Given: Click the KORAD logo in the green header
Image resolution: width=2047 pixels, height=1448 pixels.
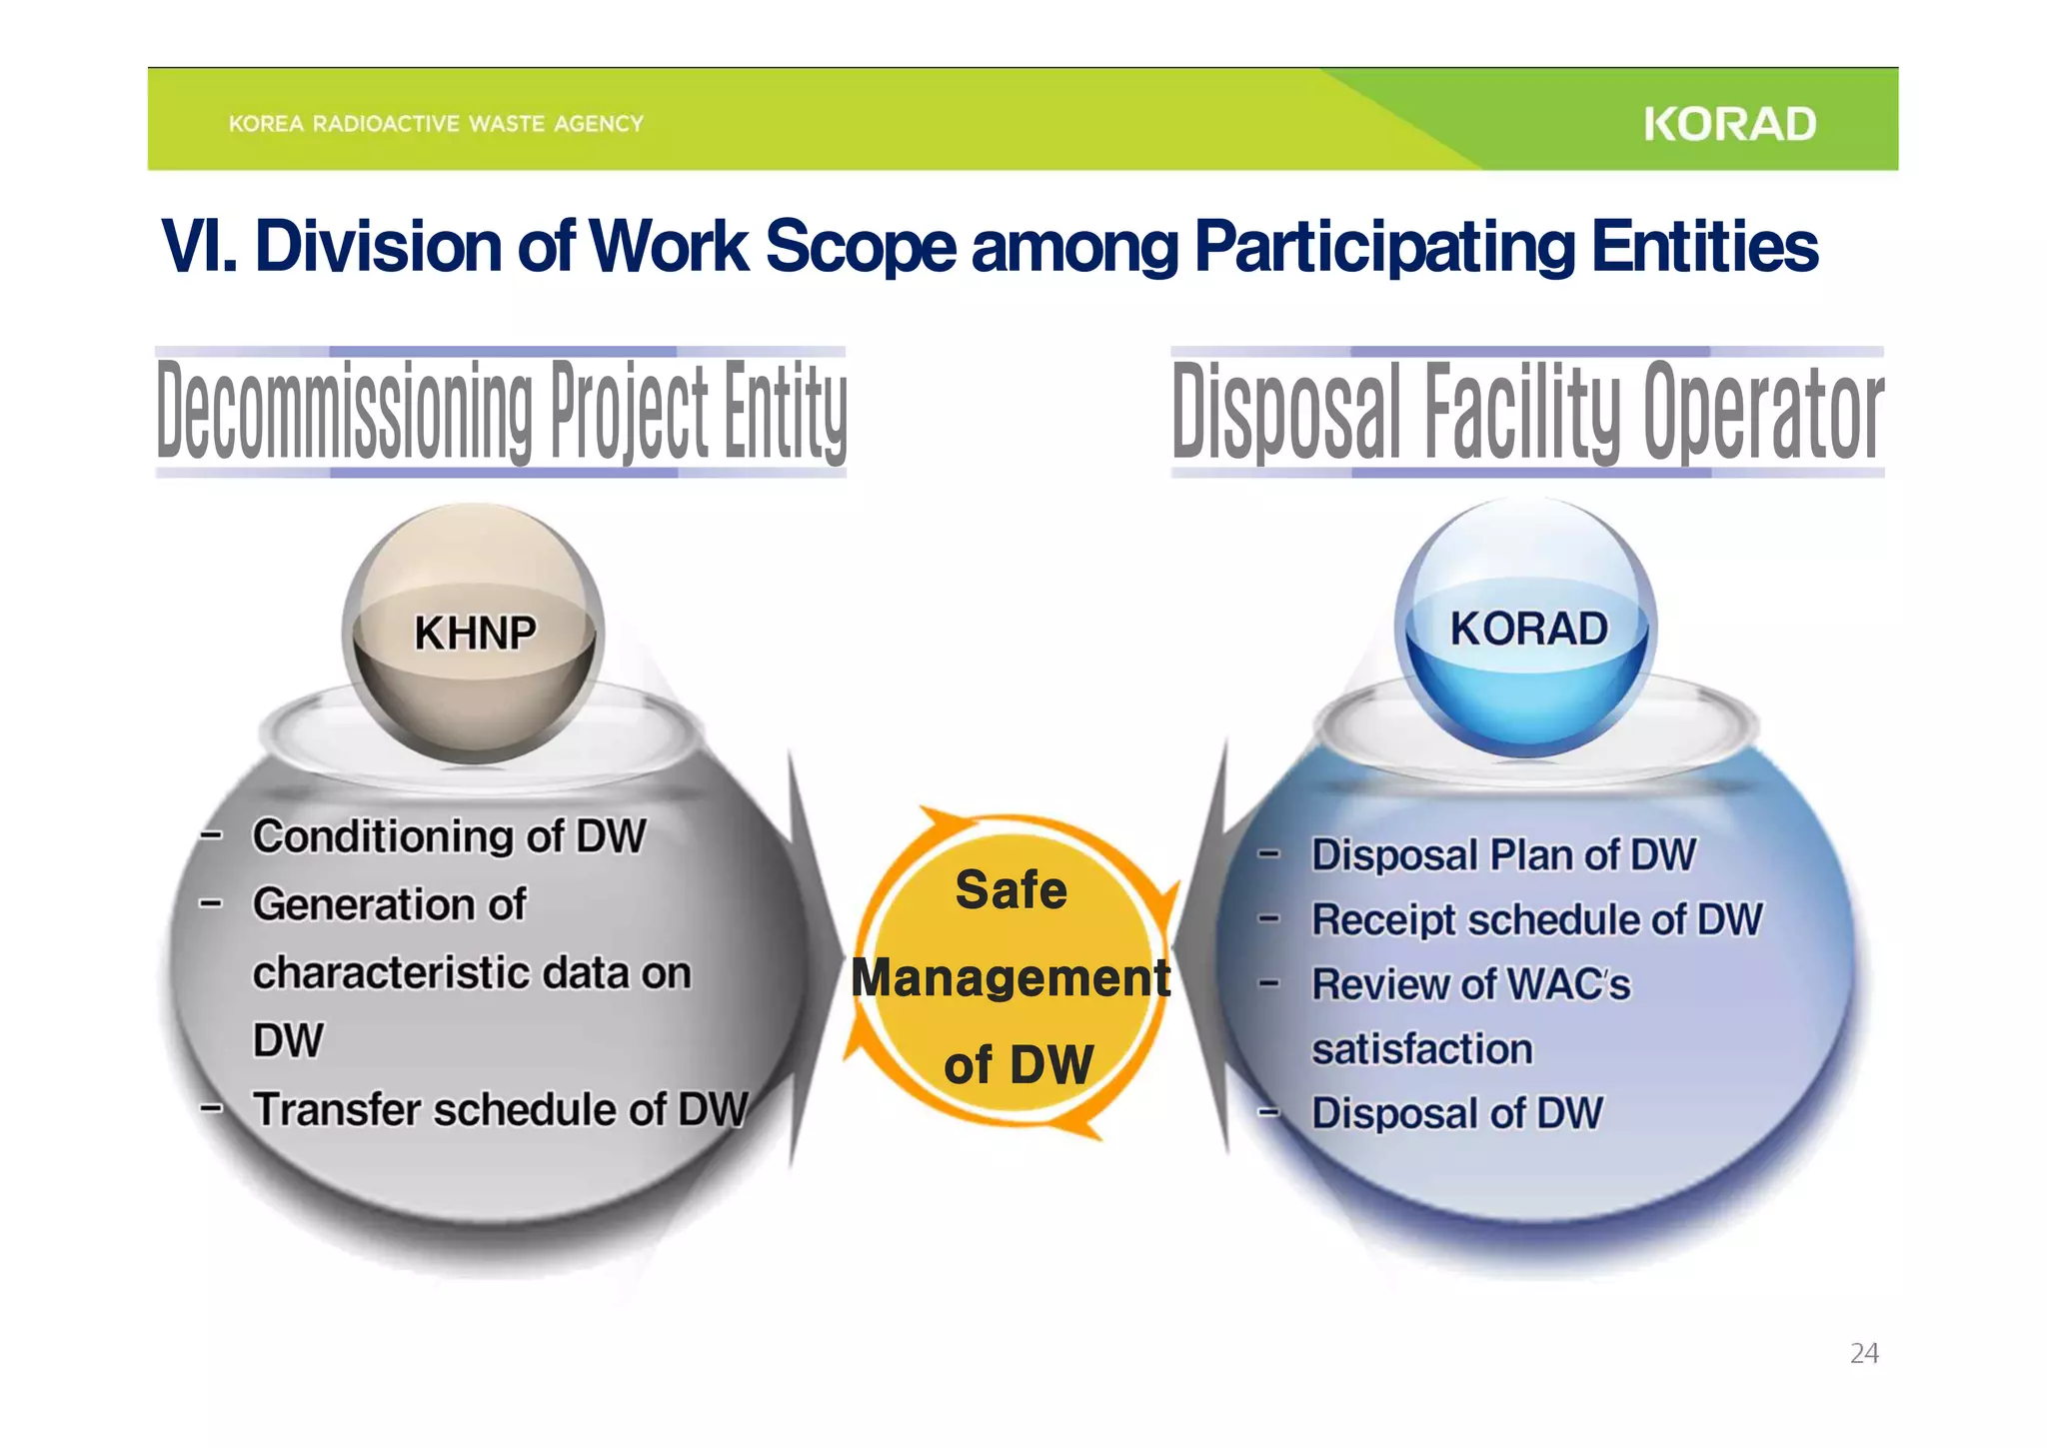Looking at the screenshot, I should (x=1729, y=124).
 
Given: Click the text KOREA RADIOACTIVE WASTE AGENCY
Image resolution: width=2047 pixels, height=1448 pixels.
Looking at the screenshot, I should (x=436, y=124).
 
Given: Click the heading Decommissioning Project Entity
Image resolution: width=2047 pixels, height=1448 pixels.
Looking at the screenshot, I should (x=501, y=412).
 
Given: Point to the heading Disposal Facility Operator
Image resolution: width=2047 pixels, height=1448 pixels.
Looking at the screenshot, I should (x=1527, y=412).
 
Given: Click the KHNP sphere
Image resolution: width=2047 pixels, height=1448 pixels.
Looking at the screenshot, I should (x=474, y=633).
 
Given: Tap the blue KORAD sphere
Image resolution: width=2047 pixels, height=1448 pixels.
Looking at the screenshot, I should (x=1527, y=628).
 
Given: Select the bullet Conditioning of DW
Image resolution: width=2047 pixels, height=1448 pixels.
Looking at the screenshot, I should (x=449, y=835).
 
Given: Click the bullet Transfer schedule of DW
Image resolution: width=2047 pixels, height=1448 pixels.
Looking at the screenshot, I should (x=500, y=1108).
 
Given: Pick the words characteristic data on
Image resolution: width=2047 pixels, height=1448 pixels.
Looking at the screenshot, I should (x=471, y=972).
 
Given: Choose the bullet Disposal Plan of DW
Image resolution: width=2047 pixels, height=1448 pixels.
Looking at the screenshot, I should (x=1503, y=854).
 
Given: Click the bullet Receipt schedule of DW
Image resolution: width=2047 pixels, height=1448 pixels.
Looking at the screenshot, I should (x=1536, y=919).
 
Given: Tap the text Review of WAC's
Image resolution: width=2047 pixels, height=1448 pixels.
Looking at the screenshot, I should (x=1470, y=984).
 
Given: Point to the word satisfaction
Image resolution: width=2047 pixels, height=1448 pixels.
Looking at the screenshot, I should (x=1421, y=1049).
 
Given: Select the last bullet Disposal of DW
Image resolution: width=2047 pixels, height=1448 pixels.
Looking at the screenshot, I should (x=1456, y=1113).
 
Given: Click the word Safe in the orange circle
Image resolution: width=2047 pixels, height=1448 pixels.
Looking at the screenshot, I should (x=1011, y=889).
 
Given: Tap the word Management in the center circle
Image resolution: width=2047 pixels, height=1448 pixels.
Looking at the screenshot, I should (x=1010, y=977).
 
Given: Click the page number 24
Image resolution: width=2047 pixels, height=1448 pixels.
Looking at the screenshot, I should (x=1863, y=1353).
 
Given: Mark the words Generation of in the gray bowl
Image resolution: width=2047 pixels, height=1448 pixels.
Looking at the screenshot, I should (x=389, y=904).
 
